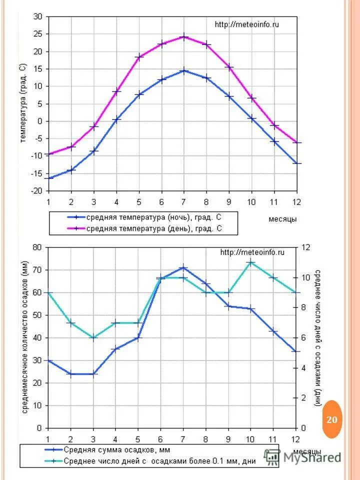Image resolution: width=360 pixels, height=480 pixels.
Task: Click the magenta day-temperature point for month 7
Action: [x=184, y=36]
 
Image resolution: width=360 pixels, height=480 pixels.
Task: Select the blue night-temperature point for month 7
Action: [x=184, y=70]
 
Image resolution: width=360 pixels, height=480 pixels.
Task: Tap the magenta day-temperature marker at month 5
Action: [x=139, y=57]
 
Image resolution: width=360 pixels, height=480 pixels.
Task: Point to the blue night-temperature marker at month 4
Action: [x=116, y=119]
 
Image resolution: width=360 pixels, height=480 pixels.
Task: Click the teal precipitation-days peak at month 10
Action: [x=251, y=262]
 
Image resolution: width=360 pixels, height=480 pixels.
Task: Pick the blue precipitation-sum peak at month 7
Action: [x=183, y=268]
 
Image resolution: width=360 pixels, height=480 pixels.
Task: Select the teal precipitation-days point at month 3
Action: [x=93, y=337]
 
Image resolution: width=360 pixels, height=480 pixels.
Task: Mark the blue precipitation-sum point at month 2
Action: [x=70, y=374]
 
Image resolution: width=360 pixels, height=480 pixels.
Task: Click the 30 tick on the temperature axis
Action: [x=38, y=16]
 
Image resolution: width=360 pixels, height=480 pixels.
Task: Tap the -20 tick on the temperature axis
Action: [x=36, y=191]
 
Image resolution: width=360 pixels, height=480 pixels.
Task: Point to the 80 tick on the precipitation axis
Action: [x=37, y=247]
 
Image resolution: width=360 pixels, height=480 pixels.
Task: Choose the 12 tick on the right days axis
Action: [x=305, y=247]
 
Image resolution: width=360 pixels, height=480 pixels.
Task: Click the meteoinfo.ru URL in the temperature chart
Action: [x=246, y=24]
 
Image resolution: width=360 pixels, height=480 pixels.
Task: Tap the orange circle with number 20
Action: [x=332, y=419]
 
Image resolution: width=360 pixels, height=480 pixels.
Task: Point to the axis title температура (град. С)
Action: [x=23, y=103]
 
